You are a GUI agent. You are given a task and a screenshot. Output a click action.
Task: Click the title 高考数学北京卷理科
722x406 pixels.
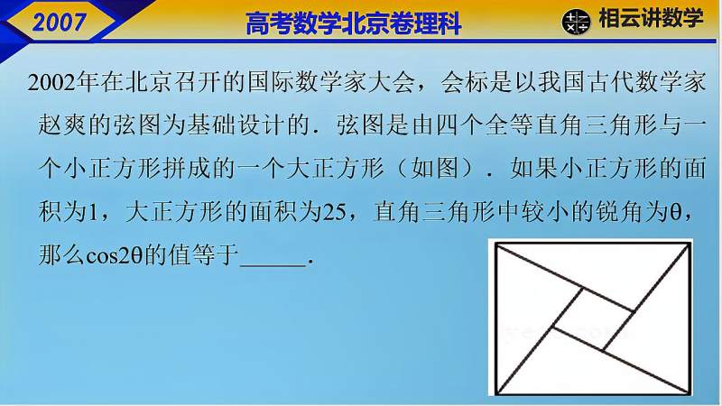tap(353, 23)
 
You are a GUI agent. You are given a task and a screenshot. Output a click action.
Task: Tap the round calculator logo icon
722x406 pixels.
tap(575, 22)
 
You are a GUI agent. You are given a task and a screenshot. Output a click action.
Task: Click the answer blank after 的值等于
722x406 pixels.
tap(274, 257)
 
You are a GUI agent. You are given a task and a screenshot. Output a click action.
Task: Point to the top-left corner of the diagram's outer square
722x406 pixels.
tap(491, 242)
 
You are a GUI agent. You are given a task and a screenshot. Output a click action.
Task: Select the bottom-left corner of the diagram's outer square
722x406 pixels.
tap(491, 395)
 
